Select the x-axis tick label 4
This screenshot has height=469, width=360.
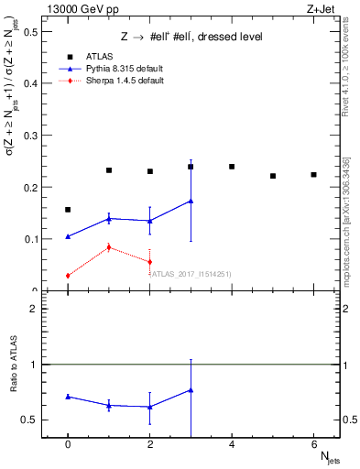coord(232,443)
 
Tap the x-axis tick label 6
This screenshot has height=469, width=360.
coord(313,443)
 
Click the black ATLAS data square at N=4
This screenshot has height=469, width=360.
coord(232,167)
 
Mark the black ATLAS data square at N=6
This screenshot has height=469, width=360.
coord(313,175)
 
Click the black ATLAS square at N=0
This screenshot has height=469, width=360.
coord(68,210)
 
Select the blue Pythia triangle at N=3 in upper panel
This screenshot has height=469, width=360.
coord(191,201)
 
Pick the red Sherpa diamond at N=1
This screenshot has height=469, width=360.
coord(109,247)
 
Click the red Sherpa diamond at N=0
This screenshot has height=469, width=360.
coord(68,276)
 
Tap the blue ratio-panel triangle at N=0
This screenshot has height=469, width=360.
coord(68,397)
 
